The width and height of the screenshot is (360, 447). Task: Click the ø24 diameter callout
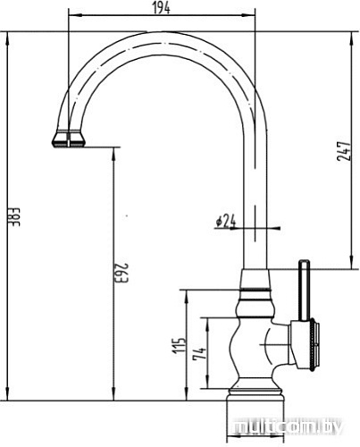[224, 220]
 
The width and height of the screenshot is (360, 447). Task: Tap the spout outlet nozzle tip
[68, 139]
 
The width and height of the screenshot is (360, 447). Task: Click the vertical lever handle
[304, 291]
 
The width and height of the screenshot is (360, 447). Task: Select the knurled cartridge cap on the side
[309, 346]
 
